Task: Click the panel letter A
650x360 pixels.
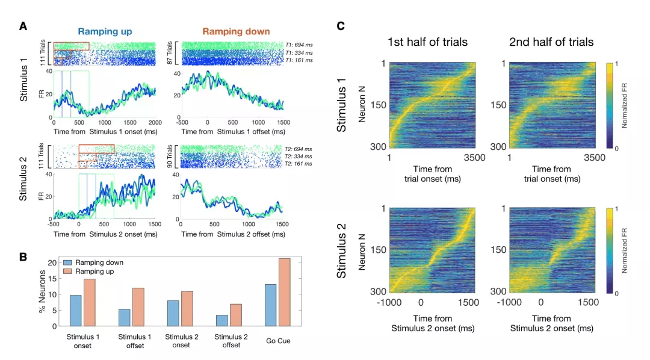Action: click(23, 26)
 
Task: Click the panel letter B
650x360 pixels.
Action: click(23, 256)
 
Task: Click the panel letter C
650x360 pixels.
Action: click(341, 26)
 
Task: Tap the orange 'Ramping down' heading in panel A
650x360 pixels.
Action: click(236, 31)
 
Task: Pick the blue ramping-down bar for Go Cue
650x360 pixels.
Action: click(270, 305)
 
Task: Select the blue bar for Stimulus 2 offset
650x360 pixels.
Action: click(222, 320)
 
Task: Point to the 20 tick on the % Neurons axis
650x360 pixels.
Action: click(53, 262)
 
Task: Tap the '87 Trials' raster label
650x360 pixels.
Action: click(170, 52)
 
